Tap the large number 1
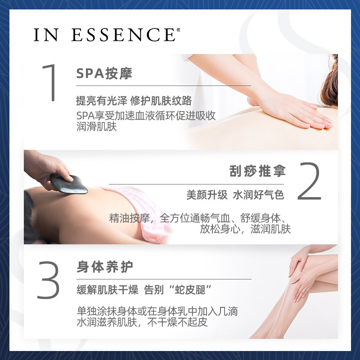[x=50, y=83]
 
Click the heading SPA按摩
[x=104, y=73]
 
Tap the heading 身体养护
[x=105, y=267]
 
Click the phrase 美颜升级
[x=205, y=195]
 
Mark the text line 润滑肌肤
[x=97, y=127]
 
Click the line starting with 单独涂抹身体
[x=157, y=311]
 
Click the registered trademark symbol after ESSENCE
[x=178, y=30]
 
